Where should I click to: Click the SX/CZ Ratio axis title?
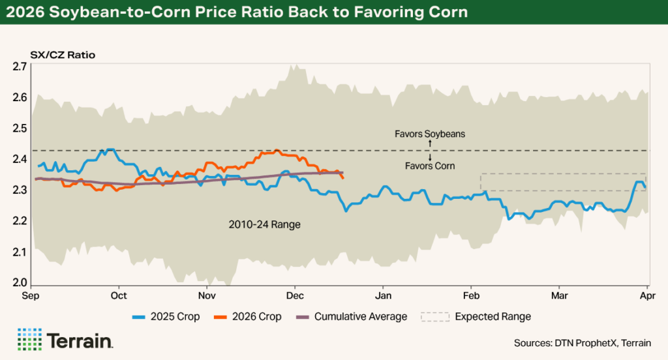pos(63,55)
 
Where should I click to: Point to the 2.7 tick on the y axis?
pos(19,67)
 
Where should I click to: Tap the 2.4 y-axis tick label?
pos(19,159)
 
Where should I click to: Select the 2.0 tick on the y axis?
pos(19,283)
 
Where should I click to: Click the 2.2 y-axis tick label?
pos(19,221)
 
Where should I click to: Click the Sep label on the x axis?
pos(31,295)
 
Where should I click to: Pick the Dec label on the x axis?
pos(295,295)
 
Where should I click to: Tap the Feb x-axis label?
pos(471,295)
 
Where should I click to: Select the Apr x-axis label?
pos(646,295)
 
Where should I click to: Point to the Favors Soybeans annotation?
pos(430,134)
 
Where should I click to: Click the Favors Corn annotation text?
pos(430,166)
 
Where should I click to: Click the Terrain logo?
pos(65,340)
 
